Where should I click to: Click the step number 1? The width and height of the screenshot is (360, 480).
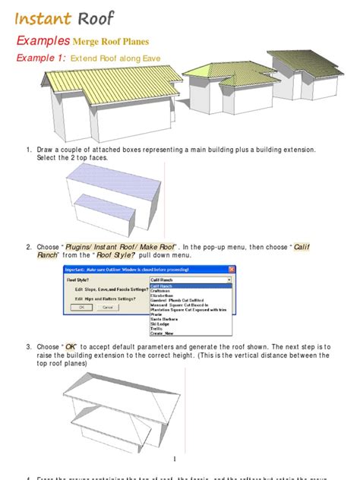[x=29, y=150]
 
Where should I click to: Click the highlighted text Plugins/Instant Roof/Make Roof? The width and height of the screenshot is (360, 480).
[x=131, y=247]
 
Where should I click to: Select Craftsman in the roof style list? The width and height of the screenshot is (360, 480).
[x=163, y=290]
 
